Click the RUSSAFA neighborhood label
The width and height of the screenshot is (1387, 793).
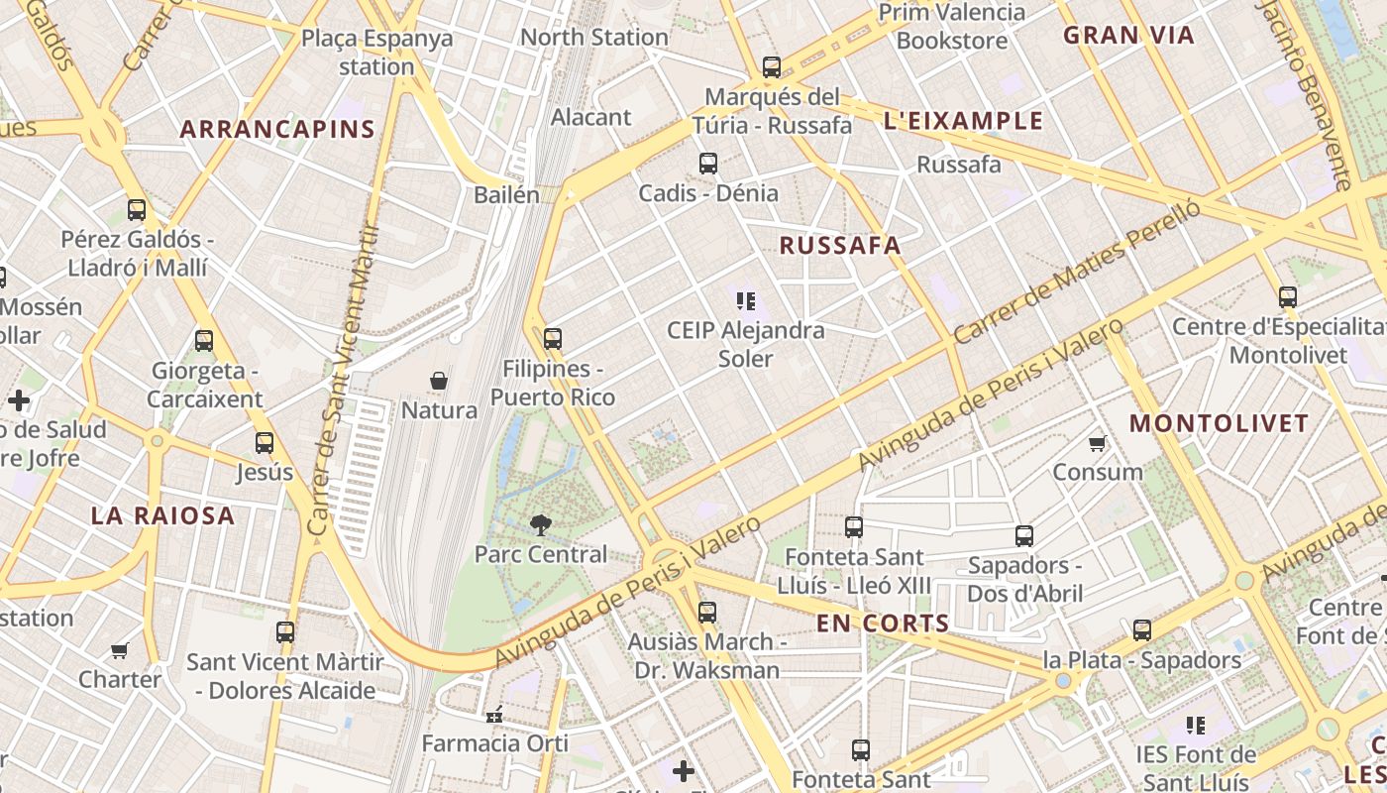coord(840,246)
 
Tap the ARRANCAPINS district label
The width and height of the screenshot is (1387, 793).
coord(277,129)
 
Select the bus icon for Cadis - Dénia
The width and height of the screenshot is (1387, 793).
coord(707,164)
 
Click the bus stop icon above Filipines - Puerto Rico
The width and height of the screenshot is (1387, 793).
coord(553,339)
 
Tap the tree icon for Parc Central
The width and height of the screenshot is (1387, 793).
coord(540,524)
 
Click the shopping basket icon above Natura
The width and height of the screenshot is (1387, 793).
coord(439,381)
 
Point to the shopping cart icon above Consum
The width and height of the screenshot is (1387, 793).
coord(1097,443)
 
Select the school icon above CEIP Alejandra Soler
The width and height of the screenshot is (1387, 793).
coord(746,300)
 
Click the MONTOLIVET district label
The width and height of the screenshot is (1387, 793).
coord(1219,423)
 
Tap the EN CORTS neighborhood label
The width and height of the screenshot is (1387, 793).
coord(883,623)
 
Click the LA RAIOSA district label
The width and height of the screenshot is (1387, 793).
coord(162,515)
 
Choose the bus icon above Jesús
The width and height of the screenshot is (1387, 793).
coord(265,443)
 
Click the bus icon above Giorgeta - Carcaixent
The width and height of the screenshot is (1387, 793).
coord(204,341)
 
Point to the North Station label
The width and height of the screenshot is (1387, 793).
coord(594,38)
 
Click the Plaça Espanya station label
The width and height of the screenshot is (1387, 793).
coord(376,53)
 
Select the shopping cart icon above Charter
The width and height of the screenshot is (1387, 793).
coord(120,651)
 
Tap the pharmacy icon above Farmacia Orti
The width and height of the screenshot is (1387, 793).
coord(494,714)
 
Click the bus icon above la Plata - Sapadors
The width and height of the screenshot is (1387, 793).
coord(1141,630)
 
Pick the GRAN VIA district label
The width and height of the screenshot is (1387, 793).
coord(1128,36)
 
